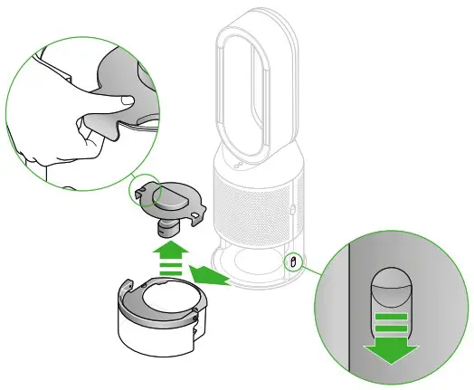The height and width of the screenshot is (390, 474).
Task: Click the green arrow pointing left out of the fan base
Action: click(x=206, y=274)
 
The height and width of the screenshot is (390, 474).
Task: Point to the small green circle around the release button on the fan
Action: click(x=293, y=262)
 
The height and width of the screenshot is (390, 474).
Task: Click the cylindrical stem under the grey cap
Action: click(x=166, y=220)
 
